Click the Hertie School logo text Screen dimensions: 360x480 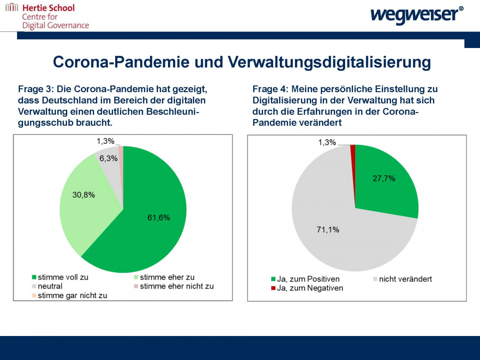[48, 8]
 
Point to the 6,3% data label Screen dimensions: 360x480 [108, 158]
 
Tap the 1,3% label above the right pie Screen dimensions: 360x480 [327, 142]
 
